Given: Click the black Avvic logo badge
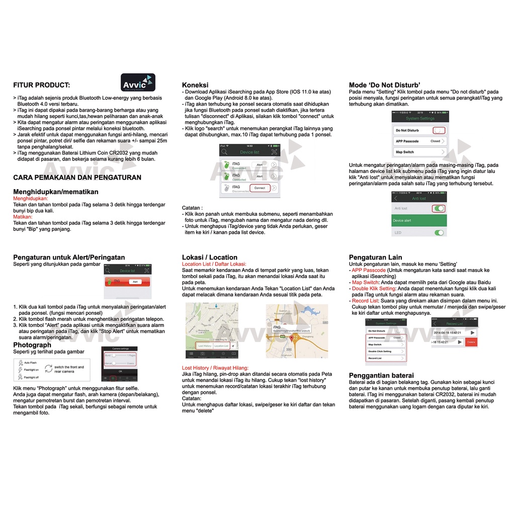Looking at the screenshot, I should click(138, 82).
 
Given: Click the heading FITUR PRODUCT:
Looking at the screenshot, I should click(42, 85).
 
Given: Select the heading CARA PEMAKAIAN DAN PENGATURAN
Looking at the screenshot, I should click(77, 177).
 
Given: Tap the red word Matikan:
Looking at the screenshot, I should click(23, 217).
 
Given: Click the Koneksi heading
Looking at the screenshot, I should click(195, 85).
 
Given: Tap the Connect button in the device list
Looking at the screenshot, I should click(260, 188).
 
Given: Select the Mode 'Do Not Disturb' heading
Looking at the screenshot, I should click(385, 85).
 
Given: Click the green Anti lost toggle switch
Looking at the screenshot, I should click(439, 208).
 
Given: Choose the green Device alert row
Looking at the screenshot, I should click(419, 220).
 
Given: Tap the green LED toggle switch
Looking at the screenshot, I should click(439, 233).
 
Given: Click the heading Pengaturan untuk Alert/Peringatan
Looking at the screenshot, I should click(69, 257).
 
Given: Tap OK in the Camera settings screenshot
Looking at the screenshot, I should click(120, 371).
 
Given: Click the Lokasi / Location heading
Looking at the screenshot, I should click(210, 257).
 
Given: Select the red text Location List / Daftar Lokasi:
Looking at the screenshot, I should click(214, 264).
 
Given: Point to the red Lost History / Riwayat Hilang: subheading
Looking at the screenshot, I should click(215, 368).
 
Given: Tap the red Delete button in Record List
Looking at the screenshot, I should click(471, 342).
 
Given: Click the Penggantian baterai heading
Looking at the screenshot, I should click(381, 375).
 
